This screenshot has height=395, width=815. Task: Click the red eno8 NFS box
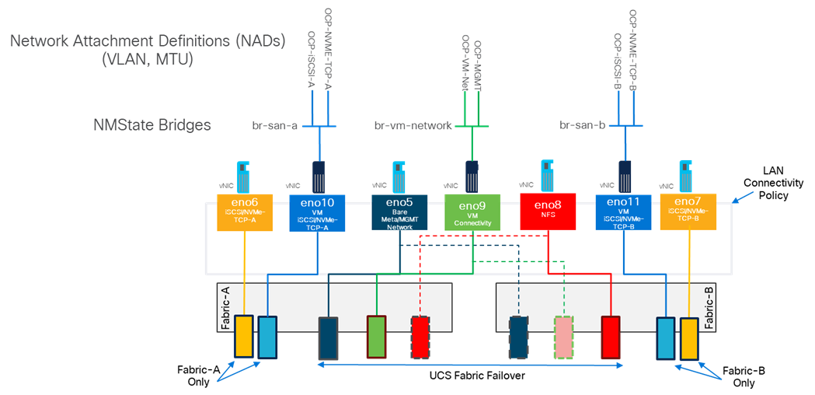coord(547,211)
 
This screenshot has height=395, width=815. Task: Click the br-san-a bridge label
coord(275,125)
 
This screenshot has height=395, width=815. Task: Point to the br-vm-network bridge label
coord(412,125)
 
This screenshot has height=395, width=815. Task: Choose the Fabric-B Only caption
coord(744,377)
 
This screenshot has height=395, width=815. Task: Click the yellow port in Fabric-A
coord(244,336)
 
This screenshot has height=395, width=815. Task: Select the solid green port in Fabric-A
coord(376,336)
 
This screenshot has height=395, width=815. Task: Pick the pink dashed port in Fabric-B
coord(565,336)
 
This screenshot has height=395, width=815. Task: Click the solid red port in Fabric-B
coord(610,336)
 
